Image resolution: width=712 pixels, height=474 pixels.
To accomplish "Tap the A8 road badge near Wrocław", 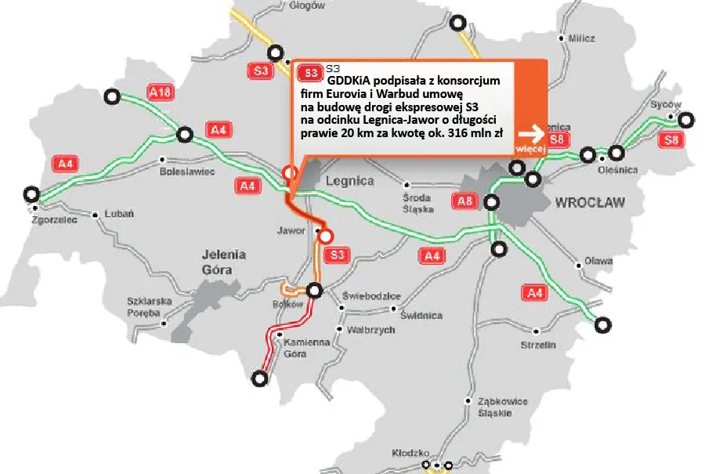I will click(x=464, y=202).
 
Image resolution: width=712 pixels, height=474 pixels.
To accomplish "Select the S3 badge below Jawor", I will click(x=338, y=255).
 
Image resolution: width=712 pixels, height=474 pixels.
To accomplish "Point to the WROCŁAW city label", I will click(x=590, y=202).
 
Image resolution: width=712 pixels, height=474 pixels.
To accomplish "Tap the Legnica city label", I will click(x=349, y=181).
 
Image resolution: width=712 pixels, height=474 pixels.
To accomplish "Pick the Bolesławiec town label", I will click(x=186, y=171).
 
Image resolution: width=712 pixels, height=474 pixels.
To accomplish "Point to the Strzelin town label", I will click(x=537, y=345).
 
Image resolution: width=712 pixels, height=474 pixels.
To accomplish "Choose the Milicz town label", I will click(x=582, y=38).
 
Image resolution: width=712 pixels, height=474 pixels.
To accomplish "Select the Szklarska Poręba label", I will click(x=148, y=307).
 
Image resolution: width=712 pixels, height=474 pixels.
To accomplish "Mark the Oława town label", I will click(x=598, y=261).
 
